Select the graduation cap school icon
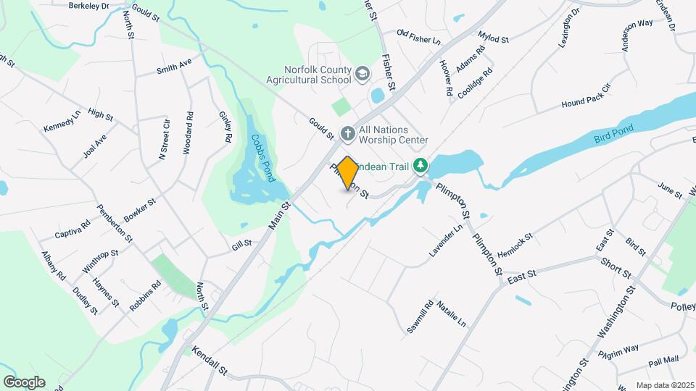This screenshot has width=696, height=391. point(362,74)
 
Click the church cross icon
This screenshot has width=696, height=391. point(347,133)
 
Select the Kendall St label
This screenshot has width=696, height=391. point(210,361)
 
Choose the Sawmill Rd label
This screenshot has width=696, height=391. point(419,316)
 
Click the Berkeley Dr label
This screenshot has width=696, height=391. point(88,5)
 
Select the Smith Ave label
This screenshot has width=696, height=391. point(174,67)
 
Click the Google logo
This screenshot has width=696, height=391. point(24,382)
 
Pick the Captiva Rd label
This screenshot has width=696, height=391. point(72,230)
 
